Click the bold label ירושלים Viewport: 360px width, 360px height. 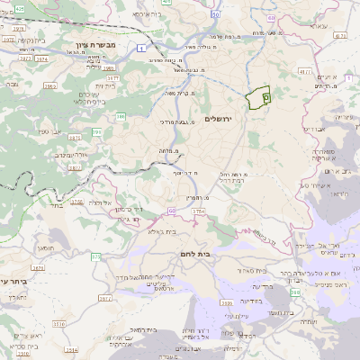tap(218, 120)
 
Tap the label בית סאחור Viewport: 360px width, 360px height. tap(255, 270)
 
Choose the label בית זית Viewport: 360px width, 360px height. tap(104, 85)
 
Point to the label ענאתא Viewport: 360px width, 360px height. tap(316, 26)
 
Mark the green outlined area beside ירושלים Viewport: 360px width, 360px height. tap(259, 98)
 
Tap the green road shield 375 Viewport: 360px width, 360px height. tap(95, 257)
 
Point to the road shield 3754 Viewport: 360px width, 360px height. tap(199, 211)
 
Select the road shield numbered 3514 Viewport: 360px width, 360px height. tap(58, 323)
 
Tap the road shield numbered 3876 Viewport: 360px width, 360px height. tap(74, 137)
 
